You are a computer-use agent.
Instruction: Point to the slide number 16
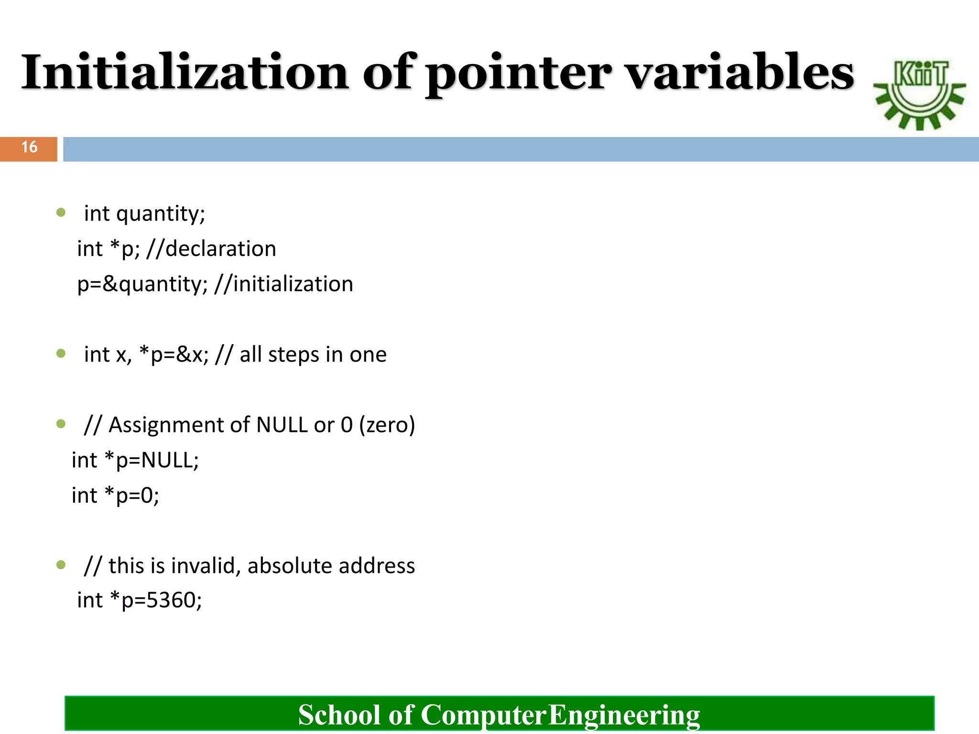click(x=29, y=147)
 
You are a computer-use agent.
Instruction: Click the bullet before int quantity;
click(x=61, y=213)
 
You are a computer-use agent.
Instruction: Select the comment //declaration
click(x=211, y=249)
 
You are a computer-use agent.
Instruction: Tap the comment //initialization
click(x=284, y=284)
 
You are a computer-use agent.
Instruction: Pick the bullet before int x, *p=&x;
click(x=61, y=354)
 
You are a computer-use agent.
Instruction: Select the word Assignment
click(x=179, y=425)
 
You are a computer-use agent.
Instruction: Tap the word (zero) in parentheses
click(x=387, y=425)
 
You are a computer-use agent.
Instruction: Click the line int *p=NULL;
click(x=135, y=460)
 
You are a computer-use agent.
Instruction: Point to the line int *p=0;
click(x=115, y=496)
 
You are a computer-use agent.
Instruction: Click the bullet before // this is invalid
click(x=61, y=565)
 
